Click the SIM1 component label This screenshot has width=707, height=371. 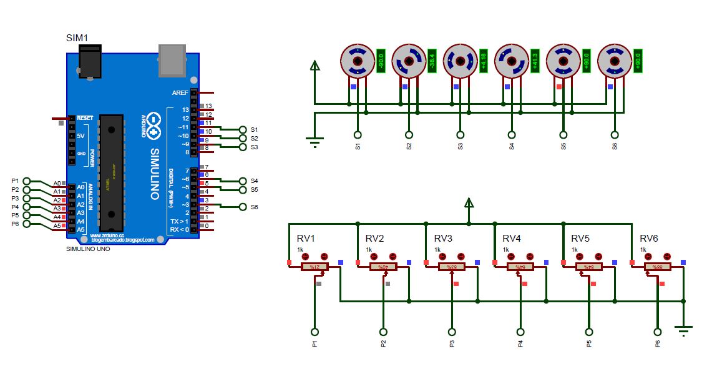[x=77, y=39]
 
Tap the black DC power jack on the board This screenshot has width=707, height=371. [x=90, y=64]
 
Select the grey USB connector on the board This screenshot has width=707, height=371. [x=173, y=58]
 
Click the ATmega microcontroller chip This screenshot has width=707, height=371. [x=112, y=173]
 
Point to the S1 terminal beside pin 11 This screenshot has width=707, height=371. [x=243, y=129]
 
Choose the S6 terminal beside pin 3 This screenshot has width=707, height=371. [x=243, y=207]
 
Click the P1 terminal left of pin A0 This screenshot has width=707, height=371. [x=26, y=181]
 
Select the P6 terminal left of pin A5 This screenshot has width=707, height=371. [x=26, y=224]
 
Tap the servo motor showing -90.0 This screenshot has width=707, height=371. [x=356, y=61]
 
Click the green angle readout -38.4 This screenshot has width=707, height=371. [x=432, y=61]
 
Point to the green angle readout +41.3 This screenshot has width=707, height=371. [x=534, y=61]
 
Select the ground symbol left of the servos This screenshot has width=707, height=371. [x=315, y=142]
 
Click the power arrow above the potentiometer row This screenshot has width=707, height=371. [x=469, y=202]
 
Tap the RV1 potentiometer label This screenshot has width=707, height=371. [x=306, y=239]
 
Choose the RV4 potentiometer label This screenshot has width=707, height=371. [x=512, y=239]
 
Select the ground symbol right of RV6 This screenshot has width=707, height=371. [x=684, y=329]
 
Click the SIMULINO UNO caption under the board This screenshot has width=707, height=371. [x=88, y=249]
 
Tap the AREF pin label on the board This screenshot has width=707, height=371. [x=179, y=92]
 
